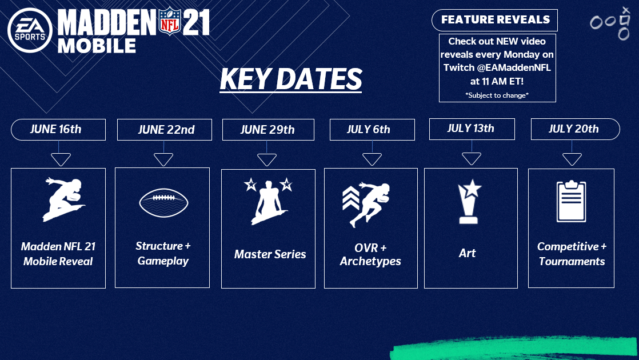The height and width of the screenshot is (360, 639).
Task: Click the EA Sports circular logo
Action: (x=30, y=30)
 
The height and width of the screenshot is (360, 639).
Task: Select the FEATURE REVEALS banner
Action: (x=495, y=20)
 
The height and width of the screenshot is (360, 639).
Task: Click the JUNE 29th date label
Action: (x=268, y=130)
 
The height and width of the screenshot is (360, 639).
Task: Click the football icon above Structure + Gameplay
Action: (x=163, y=203)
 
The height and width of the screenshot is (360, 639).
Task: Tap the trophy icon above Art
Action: (x=469, y=202)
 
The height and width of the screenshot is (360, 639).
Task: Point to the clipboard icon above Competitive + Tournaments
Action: (x=572, y=201)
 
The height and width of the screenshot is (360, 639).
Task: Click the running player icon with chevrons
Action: (x=366, y=205)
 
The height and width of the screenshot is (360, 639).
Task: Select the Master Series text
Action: (x=270, y=254)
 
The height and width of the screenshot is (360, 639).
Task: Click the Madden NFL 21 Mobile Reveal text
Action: (x=58, y=254)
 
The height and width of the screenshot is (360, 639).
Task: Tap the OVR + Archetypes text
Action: (x=370, y=254)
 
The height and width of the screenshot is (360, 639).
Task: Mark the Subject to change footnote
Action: (x=497, y=95)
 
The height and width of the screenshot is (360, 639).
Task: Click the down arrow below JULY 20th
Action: (x=572, y=159)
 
